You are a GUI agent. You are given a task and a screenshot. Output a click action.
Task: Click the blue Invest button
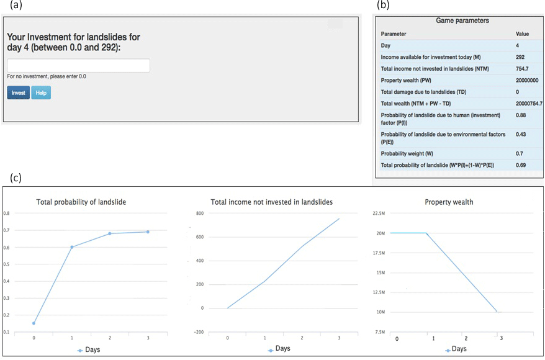click(x=18, y=92)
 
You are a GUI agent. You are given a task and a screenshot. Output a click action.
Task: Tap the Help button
click(x=41, y=92)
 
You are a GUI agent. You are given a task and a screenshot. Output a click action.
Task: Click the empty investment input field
click(x=78, y=65)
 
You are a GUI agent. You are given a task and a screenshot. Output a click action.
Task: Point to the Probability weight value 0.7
click(x=520, y=154)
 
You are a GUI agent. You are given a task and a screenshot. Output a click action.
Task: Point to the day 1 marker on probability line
click(x=71, y=247)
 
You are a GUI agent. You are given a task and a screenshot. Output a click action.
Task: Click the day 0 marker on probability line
click(x=34, y=323)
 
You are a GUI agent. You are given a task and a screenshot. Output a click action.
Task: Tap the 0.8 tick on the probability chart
click(x=6, y=213)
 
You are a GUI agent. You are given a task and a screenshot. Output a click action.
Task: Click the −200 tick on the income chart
click(x=199, y=332)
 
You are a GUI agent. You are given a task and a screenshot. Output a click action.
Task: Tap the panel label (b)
click(x=384, y=5)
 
